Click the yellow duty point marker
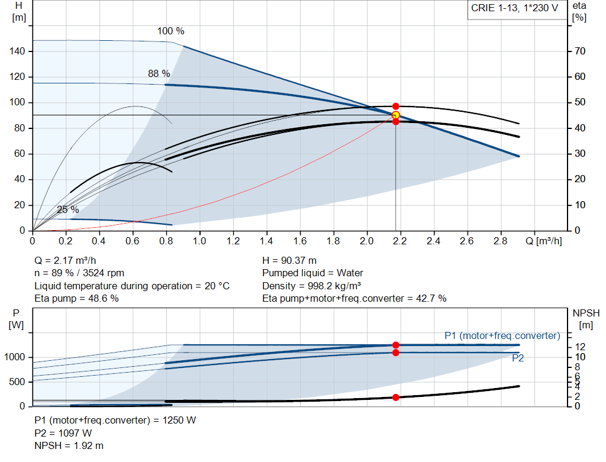click(395, 115)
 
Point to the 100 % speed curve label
click(170, 31)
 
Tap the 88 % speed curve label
click(159, 73)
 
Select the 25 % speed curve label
click(67, 209)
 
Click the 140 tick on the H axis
click(18, 51)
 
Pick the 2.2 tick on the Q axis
click(400, 241)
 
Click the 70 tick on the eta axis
click(579, 51)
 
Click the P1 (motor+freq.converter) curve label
click(502, 335)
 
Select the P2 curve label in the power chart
click(518, 358)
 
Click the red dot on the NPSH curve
click(395, 397)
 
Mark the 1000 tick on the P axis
click(16, 357)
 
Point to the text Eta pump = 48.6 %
click(76, 299)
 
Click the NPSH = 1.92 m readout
click(69, 445)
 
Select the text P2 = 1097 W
click(63, 433)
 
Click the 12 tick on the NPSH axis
click(581, 346)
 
